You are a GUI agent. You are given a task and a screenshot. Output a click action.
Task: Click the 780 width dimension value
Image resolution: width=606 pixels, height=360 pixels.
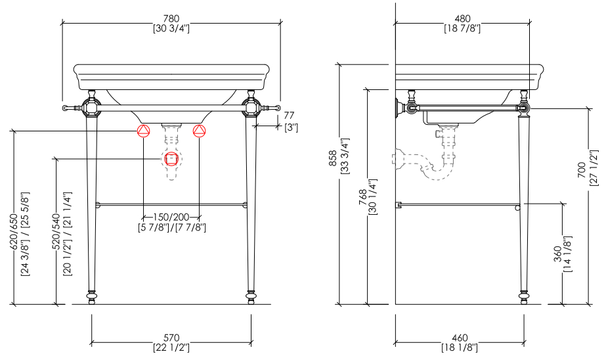[171, 18]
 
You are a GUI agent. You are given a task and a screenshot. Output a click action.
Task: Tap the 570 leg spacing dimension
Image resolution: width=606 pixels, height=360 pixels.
[171, 338]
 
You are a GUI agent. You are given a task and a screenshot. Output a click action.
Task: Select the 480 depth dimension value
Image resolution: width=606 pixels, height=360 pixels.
[463, 18]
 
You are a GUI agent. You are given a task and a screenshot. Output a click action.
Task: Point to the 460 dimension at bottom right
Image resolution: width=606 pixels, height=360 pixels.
[460, 338]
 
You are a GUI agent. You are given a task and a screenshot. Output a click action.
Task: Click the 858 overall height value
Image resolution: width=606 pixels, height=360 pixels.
[333, 158]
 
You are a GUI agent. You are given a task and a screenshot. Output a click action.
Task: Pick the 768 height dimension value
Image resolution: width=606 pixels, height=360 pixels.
[362, 197]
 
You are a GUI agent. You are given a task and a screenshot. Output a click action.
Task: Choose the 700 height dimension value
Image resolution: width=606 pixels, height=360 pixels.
[582, 170]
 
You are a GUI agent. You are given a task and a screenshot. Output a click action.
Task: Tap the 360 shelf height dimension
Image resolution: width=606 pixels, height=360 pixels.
[557, 254]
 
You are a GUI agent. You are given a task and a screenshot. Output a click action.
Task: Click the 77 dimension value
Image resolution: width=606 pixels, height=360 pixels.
[289, 115]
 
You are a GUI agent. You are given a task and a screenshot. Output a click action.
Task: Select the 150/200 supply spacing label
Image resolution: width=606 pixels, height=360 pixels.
[171, 217]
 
